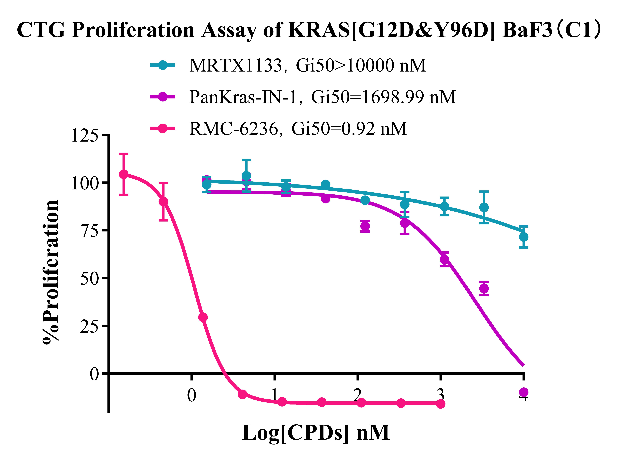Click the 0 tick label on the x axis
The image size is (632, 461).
191,395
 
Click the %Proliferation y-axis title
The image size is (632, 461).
51,272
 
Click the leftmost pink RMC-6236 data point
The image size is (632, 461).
124,174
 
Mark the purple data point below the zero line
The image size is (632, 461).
523,392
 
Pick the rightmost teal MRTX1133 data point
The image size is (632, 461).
523,237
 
